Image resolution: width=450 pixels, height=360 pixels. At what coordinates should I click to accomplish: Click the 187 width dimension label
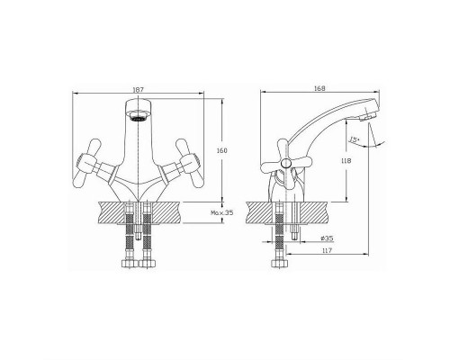point(139,89)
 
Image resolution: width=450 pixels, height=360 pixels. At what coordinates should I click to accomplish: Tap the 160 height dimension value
point(221,150)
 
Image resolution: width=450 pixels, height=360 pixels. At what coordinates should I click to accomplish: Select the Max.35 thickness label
point(221,213)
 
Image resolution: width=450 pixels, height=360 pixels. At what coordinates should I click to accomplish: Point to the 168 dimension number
point(319,88)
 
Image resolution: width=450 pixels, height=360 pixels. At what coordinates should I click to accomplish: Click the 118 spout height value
point(346,161)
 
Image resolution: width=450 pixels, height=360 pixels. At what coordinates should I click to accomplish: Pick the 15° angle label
point(355,139)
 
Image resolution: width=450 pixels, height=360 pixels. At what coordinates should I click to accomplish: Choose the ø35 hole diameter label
point(327,238)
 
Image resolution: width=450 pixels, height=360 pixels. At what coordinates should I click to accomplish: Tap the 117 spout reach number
point(327,250)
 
